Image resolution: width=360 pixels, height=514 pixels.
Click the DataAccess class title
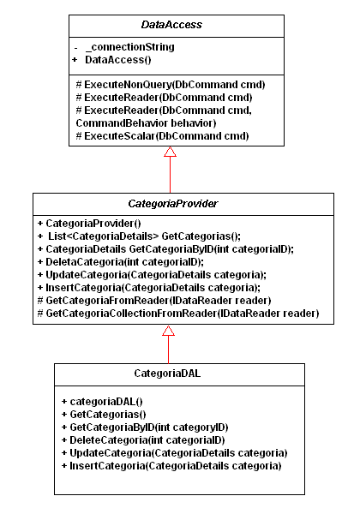[171, 25]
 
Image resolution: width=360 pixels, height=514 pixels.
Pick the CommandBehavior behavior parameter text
[146, 123]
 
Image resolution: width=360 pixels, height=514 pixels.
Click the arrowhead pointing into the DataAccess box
[171, 152]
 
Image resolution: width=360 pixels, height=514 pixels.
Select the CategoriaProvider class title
[173, 204]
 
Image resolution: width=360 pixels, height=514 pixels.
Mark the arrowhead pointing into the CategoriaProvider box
[169, 331]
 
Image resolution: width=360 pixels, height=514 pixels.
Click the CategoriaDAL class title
[167, 374]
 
